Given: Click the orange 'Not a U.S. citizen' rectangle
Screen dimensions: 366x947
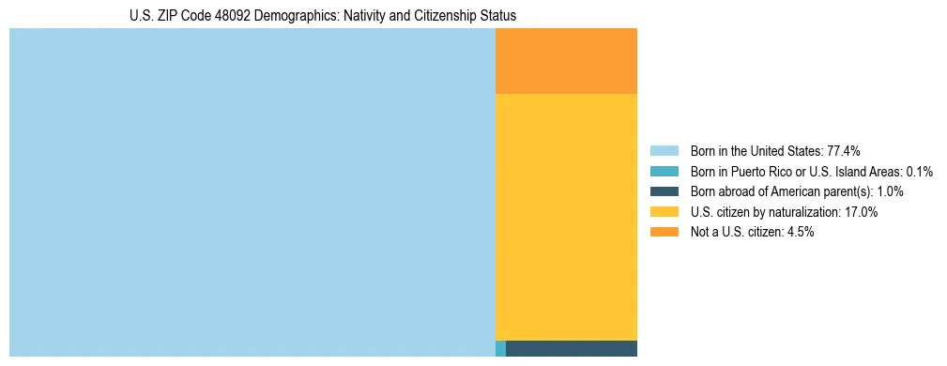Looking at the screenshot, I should [x=566, y=61].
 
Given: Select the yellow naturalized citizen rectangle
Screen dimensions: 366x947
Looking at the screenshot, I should [x=566, y=217].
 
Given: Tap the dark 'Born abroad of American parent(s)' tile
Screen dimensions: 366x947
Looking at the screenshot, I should [x=572, y=348].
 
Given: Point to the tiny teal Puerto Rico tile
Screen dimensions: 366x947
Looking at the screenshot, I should [x=500, y=348].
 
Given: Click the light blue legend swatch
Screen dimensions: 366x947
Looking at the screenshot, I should [x=664, y=151].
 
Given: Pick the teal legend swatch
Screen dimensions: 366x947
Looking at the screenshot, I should [x=664, y=172].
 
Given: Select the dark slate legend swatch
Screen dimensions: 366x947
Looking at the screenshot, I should [x=664, y=191].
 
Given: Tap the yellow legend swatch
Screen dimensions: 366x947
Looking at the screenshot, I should [x=664, y=212].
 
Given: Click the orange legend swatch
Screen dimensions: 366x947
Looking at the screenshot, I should [x=664, y=232].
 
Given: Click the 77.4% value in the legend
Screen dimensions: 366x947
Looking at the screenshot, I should [x=844, y=151].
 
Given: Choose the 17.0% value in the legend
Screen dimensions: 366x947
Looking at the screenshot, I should [x=861, y=212].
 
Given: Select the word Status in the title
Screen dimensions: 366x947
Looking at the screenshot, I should [x=498, y=17].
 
